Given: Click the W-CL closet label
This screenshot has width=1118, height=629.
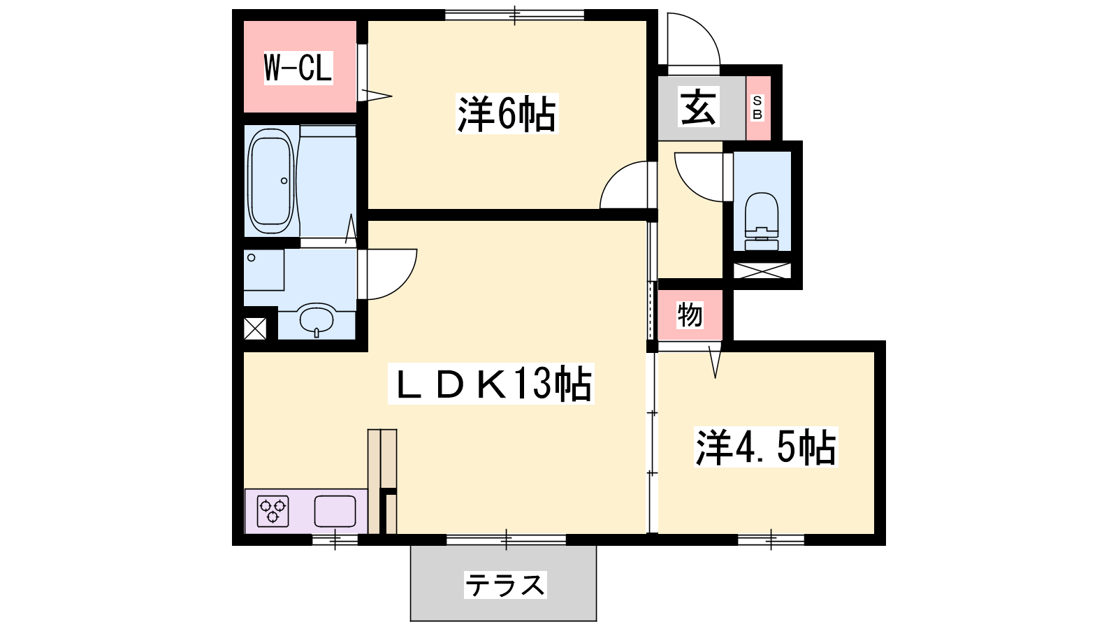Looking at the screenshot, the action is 298,68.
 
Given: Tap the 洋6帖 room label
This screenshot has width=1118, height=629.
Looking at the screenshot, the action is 507,114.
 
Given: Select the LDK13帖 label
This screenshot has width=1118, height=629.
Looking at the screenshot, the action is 491,384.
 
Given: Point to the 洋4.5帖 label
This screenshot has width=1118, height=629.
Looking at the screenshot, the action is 766,447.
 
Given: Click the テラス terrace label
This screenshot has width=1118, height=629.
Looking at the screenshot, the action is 505,584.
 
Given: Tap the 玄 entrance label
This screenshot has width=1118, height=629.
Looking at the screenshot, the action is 698,106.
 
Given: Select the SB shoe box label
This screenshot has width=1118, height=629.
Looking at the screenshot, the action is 757,108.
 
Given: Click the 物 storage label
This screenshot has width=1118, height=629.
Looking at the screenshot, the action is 690,314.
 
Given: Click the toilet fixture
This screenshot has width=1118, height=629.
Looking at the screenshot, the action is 762,221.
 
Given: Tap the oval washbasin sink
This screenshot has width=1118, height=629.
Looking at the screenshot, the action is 317,319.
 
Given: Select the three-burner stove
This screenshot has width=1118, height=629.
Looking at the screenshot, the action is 273,511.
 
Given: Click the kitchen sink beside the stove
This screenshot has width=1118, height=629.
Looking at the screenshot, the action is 335,511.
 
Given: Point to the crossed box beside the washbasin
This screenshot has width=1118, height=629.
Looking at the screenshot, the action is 255,329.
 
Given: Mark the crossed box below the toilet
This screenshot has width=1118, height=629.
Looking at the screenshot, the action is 762,270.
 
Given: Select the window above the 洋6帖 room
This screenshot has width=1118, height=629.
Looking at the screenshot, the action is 514,15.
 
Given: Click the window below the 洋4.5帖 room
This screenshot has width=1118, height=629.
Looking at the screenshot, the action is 771,540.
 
